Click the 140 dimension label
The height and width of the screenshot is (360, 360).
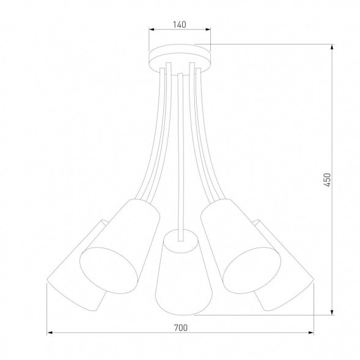tap(180, 25)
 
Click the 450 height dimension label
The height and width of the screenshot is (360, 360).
tap(327, 179)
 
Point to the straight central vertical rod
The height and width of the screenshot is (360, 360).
tap(181, 153)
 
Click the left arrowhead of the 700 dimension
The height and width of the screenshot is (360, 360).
tap(50, 333)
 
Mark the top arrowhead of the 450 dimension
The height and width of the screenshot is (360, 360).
tap(332, 46)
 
